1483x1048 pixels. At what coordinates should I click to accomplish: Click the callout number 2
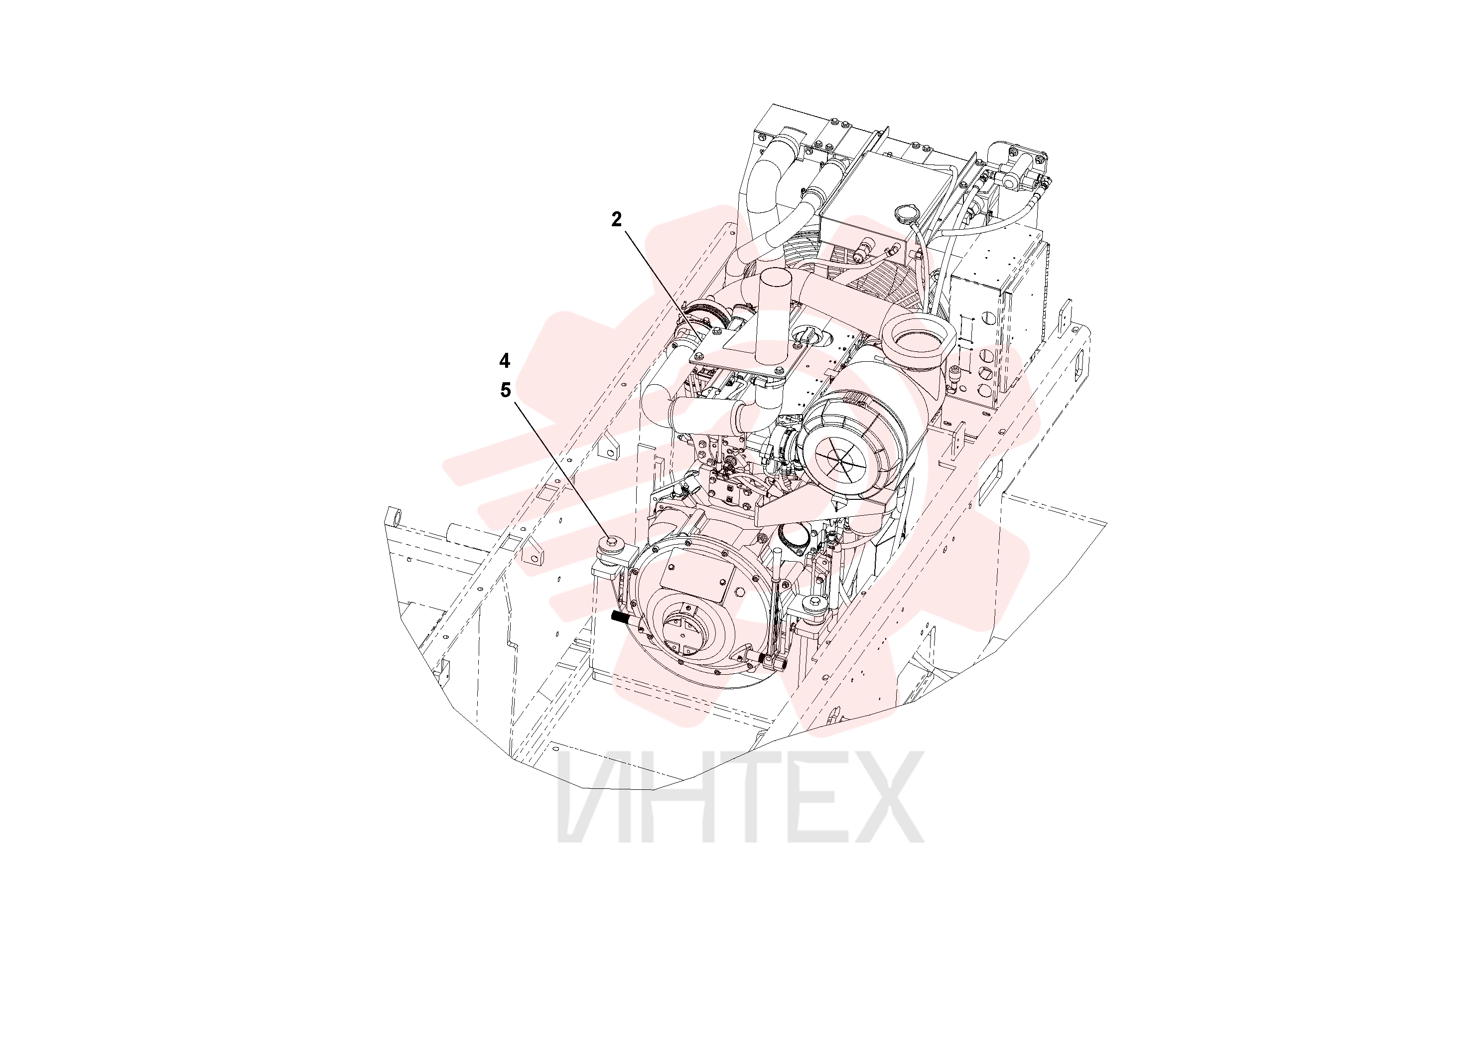pyautogui.click(x=617, y=220)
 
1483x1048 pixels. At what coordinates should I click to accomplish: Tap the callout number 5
pyautogui.click(x=505, y=390)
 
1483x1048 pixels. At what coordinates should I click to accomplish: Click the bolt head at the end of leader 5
pyautogui.click(x=611, y=543)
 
